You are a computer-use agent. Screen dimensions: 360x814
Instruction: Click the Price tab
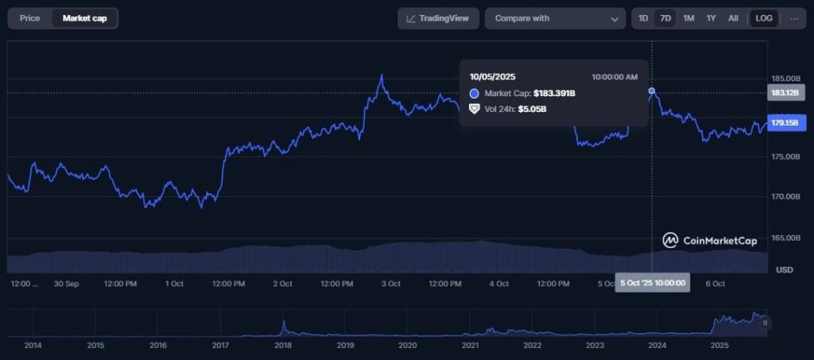pos(29,18)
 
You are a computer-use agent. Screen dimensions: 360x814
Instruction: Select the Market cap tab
pos(84,18)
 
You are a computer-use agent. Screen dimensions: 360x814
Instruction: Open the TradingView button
pos(438,18)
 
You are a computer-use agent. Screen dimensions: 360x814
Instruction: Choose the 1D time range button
pos(643,18)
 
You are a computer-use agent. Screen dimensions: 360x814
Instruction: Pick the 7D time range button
pos(665,18)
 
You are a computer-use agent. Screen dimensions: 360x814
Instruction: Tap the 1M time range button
pos(688,18)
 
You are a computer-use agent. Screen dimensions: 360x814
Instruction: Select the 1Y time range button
pos(711,18)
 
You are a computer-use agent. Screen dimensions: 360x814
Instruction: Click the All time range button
pos(733,18)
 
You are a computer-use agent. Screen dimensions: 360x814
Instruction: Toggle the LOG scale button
pos(764,18)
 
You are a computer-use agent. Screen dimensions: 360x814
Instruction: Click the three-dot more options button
pos(794,18)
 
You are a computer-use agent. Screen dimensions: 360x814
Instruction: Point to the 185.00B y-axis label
pos(785,79)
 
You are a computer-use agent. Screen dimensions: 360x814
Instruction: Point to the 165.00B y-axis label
pos(785,238)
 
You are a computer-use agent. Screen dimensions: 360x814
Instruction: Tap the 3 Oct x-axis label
pos(390,284)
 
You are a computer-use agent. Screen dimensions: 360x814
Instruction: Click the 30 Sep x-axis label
pos(66,284)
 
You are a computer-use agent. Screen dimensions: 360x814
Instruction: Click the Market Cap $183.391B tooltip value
pos(554,94)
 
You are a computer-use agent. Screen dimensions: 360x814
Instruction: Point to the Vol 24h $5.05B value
pos(532,109)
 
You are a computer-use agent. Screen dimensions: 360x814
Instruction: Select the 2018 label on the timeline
pos(283,346)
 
